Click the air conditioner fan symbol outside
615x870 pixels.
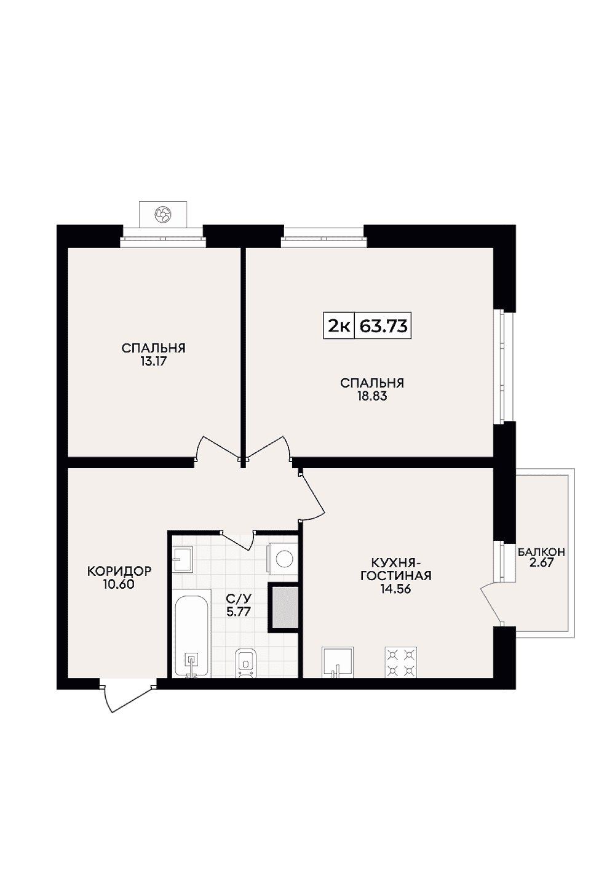163,214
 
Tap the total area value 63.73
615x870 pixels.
383,326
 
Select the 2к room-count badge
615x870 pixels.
339,326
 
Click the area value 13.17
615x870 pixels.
153,361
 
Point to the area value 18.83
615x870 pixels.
372,396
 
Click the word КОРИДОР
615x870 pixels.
119,570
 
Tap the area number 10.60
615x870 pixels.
119,584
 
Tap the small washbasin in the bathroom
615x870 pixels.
183,559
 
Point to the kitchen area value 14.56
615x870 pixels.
395,589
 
